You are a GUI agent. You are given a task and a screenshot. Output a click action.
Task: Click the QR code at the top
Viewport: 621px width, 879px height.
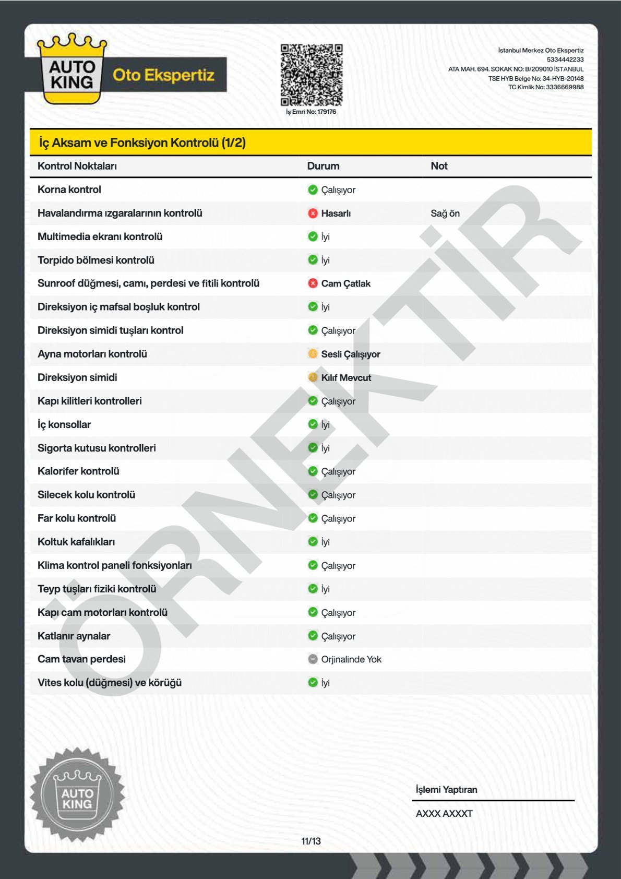point(312,75)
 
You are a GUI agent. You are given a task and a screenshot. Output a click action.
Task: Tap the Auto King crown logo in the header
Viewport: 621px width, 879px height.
point(71,69)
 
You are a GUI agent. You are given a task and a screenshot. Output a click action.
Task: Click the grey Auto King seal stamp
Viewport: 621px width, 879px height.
point(77,794)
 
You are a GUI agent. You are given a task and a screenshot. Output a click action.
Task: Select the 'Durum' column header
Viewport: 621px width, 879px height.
point(323,166)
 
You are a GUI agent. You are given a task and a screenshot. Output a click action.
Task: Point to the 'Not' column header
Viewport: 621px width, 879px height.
point(439,166)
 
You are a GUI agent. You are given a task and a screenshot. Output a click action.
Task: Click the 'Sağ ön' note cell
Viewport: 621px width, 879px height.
point(445,213)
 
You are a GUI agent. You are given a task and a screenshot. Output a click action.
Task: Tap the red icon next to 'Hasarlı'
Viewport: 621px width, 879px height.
point(313,213)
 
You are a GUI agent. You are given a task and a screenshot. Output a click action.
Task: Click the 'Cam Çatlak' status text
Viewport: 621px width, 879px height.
point(345,283)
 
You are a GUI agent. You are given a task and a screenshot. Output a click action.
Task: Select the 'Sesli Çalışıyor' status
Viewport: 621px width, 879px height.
point(350,354)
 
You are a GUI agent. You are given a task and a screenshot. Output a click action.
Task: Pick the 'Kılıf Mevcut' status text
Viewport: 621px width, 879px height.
point(346,377)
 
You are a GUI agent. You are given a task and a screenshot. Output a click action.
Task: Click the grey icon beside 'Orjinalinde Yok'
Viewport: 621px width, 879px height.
point(313,659)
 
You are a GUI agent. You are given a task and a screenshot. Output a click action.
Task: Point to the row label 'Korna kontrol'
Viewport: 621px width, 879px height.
point(69,189)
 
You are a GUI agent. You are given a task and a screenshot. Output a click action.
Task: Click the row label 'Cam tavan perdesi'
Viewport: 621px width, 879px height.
point(81,659)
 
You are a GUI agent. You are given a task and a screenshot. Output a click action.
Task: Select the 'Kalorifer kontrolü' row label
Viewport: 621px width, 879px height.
point(78,471)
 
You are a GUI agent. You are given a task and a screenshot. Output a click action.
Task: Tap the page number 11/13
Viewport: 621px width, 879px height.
point(311,841)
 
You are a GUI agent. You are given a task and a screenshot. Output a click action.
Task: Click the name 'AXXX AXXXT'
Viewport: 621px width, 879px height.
point(444,813)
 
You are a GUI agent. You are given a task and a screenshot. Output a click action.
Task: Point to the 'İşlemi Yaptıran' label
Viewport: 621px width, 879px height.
point(446,790)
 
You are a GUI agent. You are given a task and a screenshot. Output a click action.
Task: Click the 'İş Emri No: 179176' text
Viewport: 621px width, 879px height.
point(311,112)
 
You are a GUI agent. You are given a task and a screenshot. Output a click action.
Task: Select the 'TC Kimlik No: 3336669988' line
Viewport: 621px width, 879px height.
point(546,87)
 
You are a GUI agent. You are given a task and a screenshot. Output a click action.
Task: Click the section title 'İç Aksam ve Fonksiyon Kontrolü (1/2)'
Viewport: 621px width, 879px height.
point(142,142)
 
